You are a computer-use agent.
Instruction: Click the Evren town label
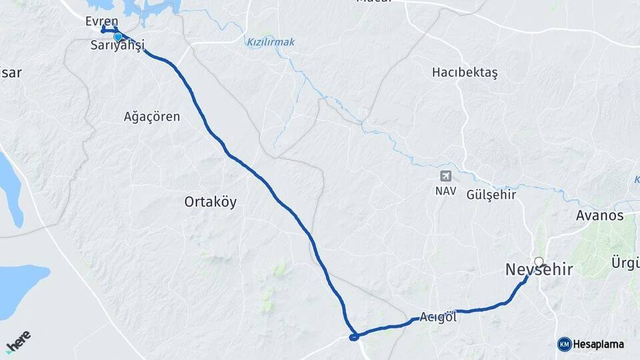pyautogui.click(x=101, y=21)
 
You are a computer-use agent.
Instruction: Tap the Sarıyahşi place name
pyautogui.click(x=117, y=47)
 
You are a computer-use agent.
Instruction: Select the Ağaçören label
pyautogui.click(x=152, y=117)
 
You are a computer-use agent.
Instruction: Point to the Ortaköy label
pyautogui.click(x=210, y=202)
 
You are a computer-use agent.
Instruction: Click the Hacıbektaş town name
pyautogui.click(x=465, y=73)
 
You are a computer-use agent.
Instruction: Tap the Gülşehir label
pyautogui.click(x=492, y=195)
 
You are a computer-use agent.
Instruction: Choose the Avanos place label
pyautogui.click(x=599, y=215)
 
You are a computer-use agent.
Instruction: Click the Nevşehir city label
pyautogui.click(x=539, y=270)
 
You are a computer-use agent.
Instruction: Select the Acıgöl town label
pyautogui.click(x=439, y=317)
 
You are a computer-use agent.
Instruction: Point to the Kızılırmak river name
pyautogui.click(x=271, y=42)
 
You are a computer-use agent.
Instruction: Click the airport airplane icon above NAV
pyautogui.click(x=445, y=176)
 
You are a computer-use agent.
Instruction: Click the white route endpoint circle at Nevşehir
pyautogui.click(x=539, y=261)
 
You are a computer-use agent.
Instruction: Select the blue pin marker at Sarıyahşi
pyautogui.click(x=118, y=37)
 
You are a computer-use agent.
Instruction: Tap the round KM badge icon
pyautogui.click(x=565, y=344)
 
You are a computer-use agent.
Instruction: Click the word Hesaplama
pyautogui.click(x=598, y=345)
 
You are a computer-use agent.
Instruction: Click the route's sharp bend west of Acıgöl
pyautogui.click(x=355, y=336)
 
